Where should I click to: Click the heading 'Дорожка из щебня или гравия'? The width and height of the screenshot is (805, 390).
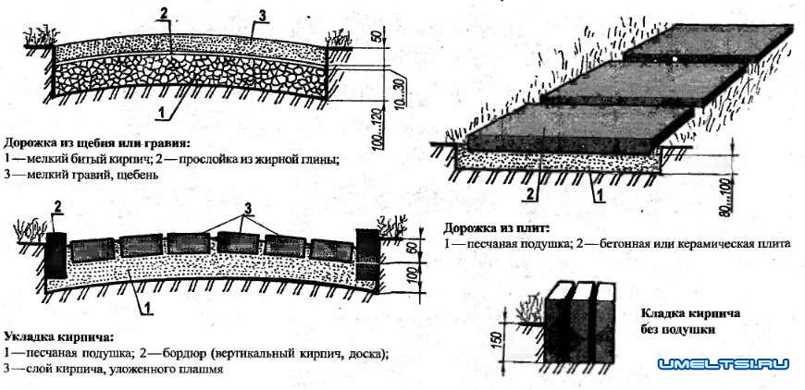(x=97, y=143)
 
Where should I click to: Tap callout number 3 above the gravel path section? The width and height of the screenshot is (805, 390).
(x=262, y=13)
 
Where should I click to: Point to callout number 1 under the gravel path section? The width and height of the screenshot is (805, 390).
(x=162, y=113)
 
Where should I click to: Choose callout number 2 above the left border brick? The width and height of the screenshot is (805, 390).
(x=57, y=204)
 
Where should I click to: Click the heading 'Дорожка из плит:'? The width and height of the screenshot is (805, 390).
(x=497, y=226)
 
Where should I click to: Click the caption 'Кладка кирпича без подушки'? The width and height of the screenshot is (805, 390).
(x=681, y=320)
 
